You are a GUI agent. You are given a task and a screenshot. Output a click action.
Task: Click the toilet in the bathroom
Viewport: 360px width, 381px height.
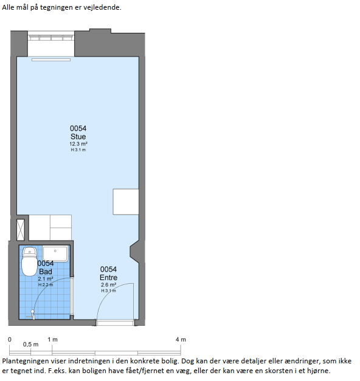tap(29, 262)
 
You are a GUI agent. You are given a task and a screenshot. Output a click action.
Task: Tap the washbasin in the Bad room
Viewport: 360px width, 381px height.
tap(55, 253)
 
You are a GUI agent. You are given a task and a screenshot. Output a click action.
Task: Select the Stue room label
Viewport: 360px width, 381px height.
tap(78, 136)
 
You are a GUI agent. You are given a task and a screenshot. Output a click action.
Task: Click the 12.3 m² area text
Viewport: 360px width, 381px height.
tap(78, 144)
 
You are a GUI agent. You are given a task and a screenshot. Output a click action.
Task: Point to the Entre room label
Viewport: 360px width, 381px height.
tap(108, 278)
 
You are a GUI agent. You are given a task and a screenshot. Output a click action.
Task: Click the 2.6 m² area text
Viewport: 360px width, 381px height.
tap(108, 285)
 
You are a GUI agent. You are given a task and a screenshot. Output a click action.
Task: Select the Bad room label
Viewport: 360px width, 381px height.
tap(46, 272)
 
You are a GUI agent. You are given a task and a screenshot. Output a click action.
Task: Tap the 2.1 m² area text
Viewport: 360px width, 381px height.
tap(46, 279)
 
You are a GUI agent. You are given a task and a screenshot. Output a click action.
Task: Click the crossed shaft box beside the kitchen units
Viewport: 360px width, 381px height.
tap(21, 230)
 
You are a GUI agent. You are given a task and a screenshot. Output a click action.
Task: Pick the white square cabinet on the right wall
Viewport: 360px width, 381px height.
tap(126, 202)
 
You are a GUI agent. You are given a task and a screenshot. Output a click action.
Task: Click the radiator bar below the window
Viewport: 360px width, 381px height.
tap(51, 60)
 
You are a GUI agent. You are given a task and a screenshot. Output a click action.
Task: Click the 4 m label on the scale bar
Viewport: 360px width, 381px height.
tap(181, 340)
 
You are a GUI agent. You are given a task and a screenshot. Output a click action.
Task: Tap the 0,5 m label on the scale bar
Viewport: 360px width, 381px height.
tap(30, 345)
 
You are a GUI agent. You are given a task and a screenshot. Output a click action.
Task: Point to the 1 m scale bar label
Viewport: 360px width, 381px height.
tap(52, 340)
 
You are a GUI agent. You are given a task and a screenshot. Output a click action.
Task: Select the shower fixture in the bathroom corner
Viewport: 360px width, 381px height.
tap(32, 315)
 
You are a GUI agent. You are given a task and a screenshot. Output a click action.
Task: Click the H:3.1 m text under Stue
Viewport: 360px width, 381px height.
tap(78, 150)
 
